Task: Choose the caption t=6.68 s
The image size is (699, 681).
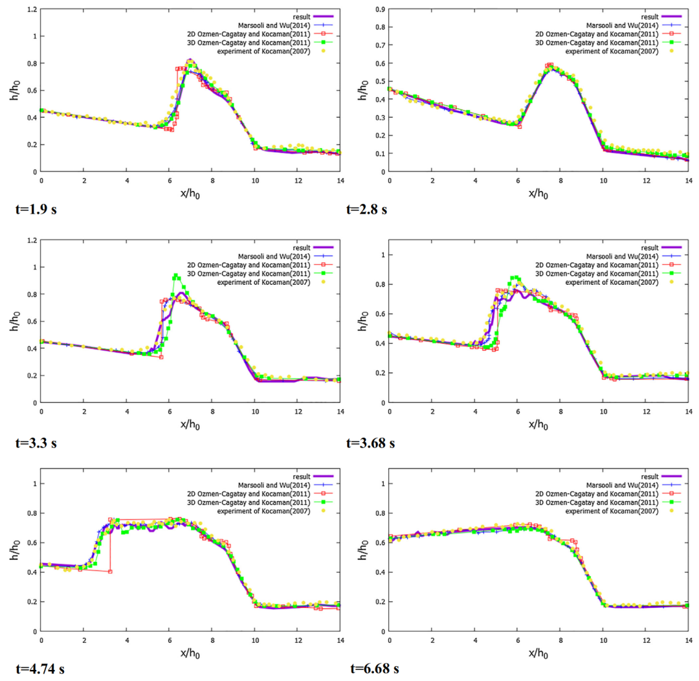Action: (x=372, y=670)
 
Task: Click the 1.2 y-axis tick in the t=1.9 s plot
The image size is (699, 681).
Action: (x=30, y=9)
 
